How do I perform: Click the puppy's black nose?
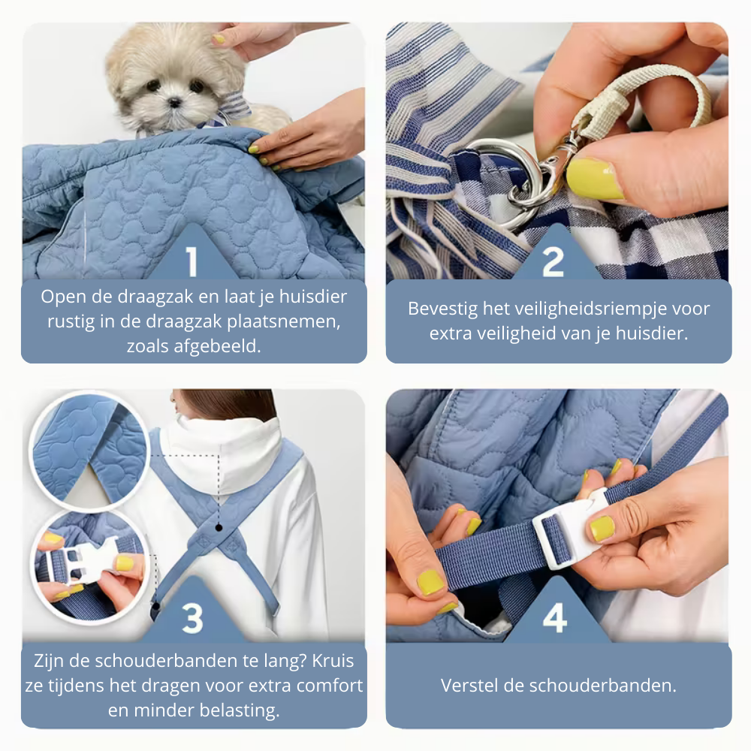tap(174, 101)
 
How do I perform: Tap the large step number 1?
tap(192, 261)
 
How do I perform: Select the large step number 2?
tap(553, 261)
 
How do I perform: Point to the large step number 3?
tap(192, 618)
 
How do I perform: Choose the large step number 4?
tap(555, 618)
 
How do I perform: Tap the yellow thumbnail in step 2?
tap(594, 178)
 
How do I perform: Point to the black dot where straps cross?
tap(219, 527)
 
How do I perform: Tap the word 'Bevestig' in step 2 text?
tap(443, 309)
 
